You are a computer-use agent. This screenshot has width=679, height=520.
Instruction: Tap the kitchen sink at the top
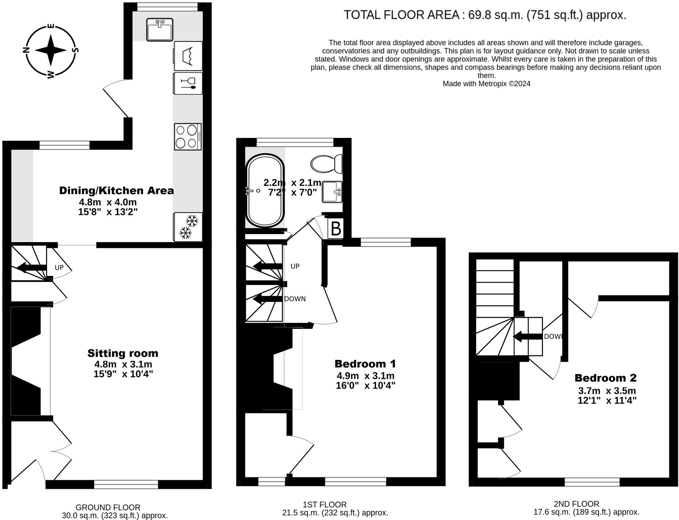coord(160,30)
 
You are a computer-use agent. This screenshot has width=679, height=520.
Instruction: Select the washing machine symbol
coord(188,56)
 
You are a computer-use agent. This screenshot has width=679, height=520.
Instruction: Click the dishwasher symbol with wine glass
coord(188,83)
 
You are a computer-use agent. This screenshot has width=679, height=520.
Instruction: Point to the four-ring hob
coord(188,137)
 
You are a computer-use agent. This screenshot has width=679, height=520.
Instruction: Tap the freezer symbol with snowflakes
coord(188,227)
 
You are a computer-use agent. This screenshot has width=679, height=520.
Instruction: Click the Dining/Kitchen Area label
coord(116,191)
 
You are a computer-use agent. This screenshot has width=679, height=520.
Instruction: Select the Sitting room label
coord(123,353)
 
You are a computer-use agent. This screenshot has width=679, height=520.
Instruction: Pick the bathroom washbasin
coord(332,192)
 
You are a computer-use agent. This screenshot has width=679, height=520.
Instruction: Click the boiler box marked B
coord(336,228)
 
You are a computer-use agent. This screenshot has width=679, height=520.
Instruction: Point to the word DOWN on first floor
coord(295,299)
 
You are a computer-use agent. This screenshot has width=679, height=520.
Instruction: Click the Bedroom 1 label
coord(365,364)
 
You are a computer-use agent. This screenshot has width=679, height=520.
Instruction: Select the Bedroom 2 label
coord(605,378)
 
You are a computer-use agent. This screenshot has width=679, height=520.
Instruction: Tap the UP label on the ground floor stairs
coord(59,267)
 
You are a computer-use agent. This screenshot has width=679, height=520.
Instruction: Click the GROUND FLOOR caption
coord(108,507)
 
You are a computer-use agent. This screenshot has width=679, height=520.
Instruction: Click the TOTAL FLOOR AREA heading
coord(485,15)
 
